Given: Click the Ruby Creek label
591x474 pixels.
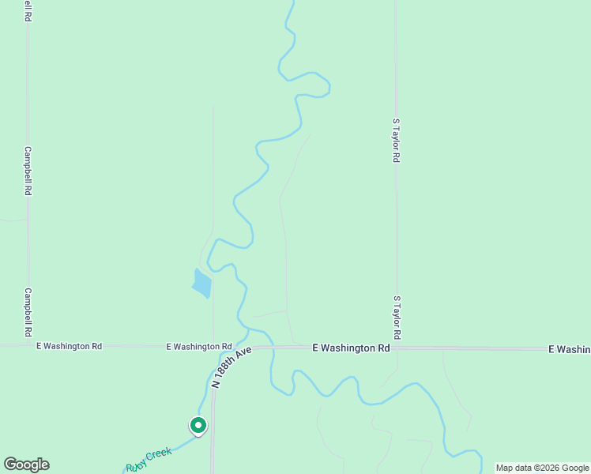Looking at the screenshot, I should click(x=149, y=459).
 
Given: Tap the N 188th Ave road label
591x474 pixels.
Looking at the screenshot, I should click(x=232, y=367).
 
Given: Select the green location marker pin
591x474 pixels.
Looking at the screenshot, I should click(x=198, y=426).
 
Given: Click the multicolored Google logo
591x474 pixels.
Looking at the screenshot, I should click(x=26, y=465).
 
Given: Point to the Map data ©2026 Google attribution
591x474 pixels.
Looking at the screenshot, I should click(x=542, y=468).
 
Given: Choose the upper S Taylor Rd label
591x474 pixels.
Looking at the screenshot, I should click(x=396, y=141).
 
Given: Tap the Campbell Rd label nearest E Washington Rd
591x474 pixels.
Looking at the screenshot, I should click(x=28, y=311).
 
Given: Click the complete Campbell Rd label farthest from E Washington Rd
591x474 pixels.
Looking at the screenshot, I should click(x=28, y=171).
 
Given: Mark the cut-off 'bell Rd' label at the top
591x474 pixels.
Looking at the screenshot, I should click(x=28, y=10).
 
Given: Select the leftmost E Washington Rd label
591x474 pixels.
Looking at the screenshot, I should click(x=70, y=346).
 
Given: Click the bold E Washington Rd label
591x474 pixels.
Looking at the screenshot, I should click(x=352, y=348).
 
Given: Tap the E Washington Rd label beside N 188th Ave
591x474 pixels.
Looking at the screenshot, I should click(x=199, y=347).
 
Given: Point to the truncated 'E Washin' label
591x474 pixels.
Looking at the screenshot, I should click(x=569, y=348).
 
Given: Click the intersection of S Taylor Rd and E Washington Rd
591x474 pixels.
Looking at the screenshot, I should click(x=396, y=347).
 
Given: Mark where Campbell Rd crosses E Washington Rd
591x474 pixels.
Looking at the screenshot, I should click(x=28, y=345).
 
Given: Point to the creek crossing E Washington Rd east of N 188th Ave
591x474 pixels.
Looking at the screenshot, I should click(x=272, y=347).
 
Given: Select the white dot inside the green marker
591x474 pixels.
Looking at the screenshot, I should click(x=198, y=425).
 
